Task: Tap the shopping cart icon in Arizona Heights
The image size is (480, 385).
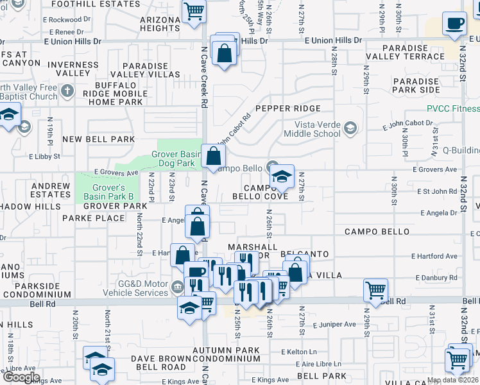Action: (194, 12)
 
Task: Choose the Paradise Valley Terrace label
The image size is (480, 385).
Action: (413, 53)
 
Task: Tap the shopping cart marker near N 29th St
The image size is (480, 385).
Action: (375, 290)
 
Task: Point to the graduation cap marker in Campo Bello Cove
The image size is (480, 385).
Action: (281, 176)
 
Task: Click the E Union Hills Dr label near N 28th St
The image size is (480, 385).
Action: (333, 40)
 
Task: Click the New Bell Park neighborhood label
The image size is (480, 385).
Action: (98, 139)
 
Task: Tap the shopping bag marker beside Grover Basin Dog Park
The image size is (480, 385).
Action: (213, 156)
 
